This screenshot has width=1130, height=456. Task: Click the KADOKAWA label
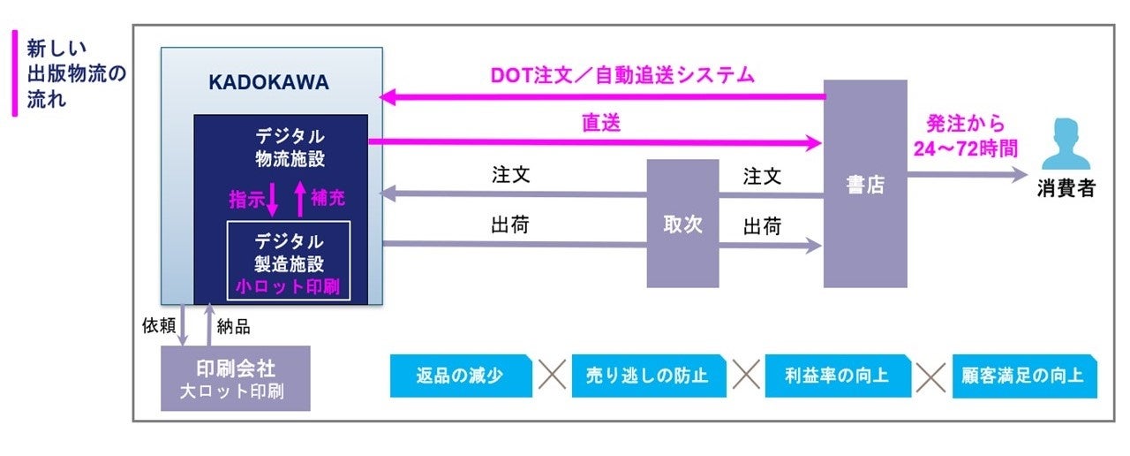pyautogui.click(x=268, y=83)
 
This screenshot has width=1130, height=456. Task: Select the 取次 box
pyautogui.click(x=682, y=224)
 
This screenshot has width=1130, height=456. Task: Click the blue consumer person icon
pyautogui.click(x=1066, y=145)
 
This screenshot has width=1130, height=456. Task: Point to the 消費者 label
pyautogui.click(x=1066, y=188)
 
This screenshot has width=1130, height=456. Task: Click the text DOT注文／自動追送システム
pyautogui.click(x=622, y=76)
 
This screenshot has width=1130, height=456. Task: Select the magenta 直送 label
pyautogui.click(x=600, y=124)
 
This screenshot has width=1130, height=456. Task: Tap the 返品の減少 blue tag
pyautogui.click(x=460, y=376)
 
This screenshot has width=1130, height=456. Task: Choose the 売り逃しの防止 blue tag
pyautogui.click(x=648, y=376)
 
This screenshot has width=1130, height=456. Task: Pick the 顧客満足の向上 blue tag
pyautogui.click(x=1024, y=376)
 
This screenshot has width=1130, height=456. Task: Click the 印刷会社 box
pyautogui.click(x=235, y=377)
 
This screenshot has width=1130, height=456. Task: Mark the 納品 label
pyautogui.click(x=233, y=326)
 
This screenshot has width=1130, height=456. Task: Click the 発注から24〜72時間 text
pyautogui.click(x=965, y=136)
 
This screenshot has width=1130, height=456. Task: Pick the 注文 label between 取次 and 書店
pyautogui.click(x=762, y=177)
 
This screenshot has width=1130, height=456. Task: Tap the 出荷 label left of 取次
pyautogui.click(x=510, y=226)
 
